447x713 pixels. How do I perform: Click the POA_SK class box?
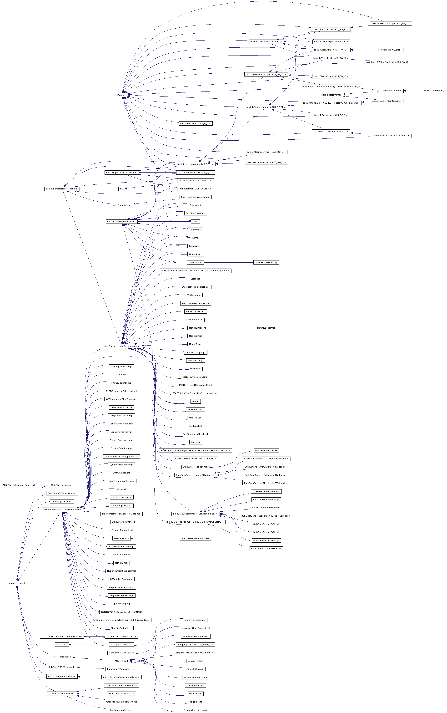point(121,95)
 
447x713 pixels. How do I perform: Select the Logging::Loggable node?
point(17,583)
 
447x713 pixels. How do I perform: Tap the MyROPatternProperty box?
point(433,91)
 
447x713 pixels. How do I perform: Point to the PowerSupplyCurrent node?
point(391,50)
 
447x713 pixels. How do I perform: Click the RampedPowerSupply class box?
point(266,262)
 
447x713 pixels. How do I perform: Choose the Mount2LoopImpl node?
point(266,328)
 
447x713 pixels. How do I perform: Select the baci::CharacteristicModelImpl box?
point(62,189)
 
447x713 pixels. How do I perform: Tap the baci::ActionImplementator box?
point(121,221)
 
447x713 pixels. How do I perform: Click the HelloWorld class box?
point(121,489)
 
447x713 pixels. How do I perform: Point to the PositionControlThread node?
point(195,710)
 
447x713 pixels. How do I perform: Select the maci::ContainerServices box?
point(62,693)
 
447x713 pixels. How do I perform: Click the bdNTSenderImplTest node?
point(266,450)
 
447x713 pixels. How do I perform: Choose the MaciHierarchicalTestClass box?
point(195,538)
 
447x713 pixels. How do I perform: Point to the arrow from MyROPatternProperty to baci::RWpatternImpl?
point(412,91)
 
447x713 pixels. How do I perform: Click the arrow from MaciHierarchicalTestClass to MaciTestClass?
point(155,538)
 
